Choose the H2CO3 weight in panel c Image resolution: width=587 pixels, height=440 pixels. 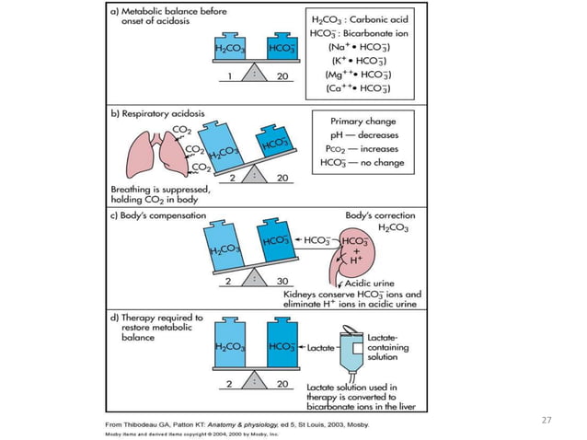click(x=225, y=249)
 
